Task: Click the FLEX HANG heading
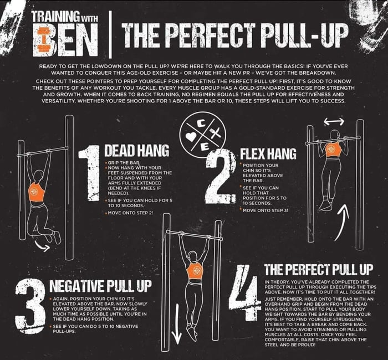(x=268, y=153)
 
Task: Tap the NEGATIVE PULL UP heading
(x=100, y=287)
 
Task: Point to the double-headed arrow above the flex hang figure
(x=334, y=121)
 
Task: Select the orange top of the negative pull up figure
(x=195, y=271)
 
